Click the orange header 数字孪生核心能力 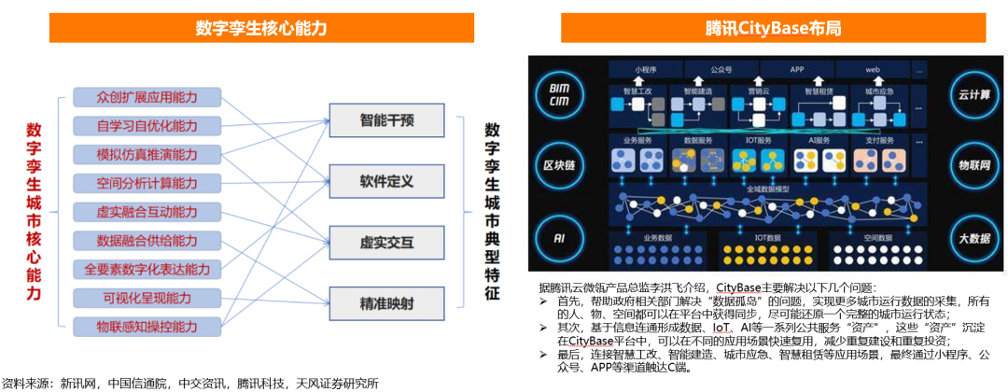click(259, 28)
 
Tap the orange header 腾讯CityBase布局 click(774, 28)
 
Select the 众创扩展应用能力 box click(147, 97)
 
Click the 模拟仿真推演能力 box click(147, 154)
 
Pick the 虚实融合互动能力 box click(147, 212)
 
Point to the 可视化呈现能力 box click(147, 298)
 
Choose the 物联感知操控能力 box click(147, 327)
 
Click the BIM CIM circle click(560, 94)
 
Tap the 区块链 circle click(560, 165)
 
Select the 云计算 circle click(973, 94)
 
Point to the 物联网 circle click(973, 165)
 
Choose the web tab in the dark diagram click(873, 70)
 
